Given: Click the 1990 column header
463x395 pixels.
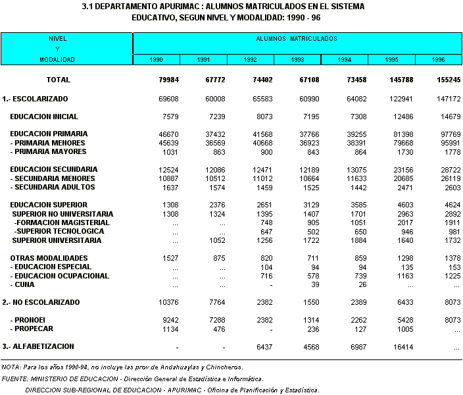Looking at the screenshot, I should click(x=157, y=60).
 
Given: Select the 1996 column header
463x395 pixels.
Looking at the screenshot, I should click(x=438, y=60).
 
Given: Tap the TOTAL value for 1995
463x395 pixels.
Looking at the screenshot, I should click(x=402, y=80).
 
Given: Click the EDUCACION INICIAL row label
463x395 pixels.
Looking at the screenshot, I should click(x=53, y=117).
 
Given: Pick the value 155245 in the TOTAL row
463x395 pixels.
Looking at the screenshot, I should click(x=448, y=80).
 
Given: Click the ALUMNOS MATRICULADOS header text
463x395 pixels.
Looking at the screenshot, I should click(x=297, y=39).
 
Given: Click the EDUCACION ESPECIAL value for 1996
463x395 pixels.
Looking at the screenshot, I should click(x=452, y=267).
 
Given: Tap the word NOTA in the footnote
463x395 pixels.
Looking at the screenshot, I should click(x=11, y=367).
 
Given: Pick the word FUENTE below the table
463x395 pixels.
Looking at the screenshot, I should click(x=14, y=379).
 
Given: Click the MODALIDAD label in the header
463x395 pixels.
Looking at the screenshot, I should click(x=57, y=60).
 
